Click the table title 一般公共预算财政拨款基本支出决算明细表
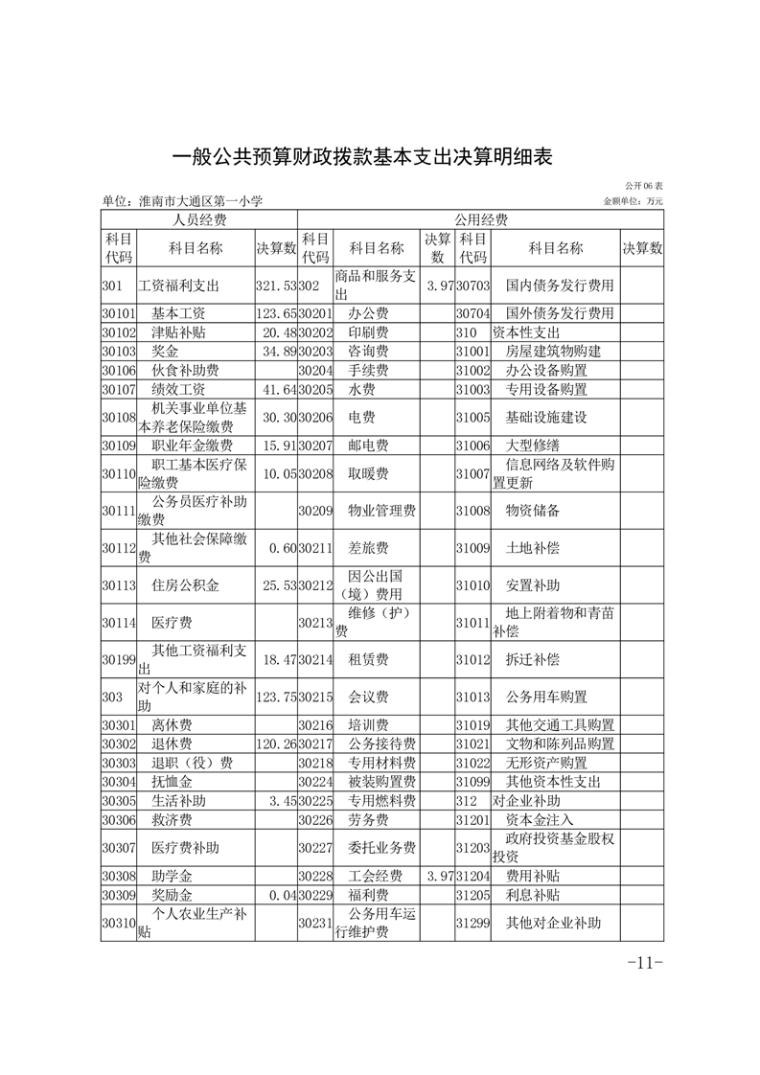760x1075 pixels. click(363, 157)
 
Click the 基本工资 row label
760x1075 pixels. click(178, 313)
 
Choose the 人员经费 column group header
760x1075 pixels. click(199, 220)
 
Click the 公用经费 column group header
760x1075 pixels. click(480, 220)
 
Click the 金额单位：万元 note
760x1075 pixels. click(633, 202)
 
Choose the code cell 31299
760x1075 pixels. click(472, 924)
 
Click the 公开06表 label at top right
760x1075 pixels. click(644, 185)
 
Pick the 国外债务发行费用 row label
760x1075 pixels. click(559, 313)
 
